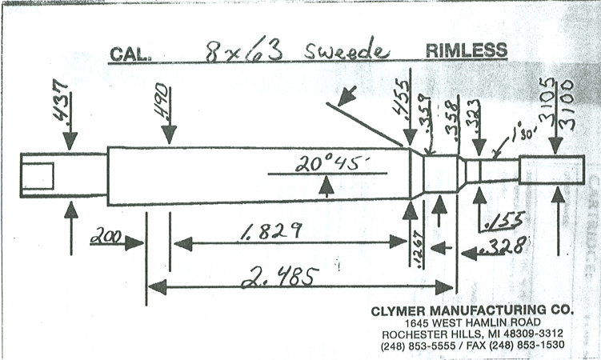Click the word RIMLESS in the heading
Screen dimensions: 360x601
click(x=466, y=50)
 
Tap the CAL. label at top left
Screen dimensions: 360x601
click(x=130, y=54)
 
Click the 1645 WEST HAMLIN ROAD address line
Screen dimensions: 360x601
click(x=472, y=322)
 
